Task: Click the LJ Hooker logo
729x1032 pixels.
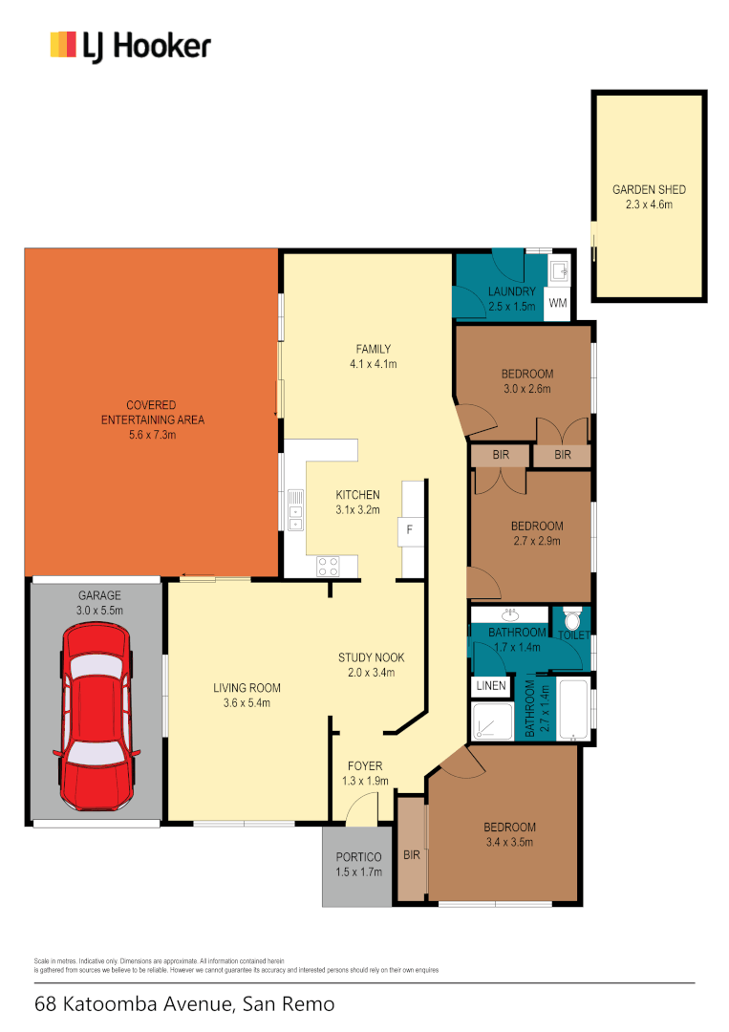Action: (x=130, y=45)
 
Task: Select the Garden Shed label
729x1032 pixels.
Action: (x=649, y=190)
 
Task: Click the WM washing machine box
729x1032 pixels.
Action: (x=558, y=304)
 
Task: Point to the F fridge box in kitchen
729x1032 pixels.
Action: (x=410, y=528)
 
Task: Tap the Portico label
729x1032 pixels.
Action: (x=358, y=857)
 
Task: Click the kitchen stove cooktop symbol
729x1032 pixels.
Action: (x=330, y=565)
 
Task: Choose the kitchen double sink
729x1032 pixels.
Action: (x=296, y=509)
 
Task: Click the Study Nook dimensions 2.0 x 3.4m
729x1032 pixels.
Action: (x=372, y=673)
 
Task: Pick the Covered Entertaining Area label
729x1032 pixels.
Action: (x=152, y=419)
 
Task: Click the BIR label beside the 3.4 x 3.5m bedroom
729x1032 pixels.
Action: (x=412, y=853)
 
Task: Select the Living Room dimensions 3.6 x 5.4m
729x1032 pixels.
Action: (x=246, y=703)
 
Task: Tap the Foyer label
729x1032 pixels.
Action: (x=364, y=765)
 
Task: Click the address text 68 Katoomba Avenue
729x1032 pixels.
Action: (x=184, y=1004)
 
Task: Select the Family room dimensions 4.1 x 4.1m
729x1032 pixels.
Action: (x=373, y=364)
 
